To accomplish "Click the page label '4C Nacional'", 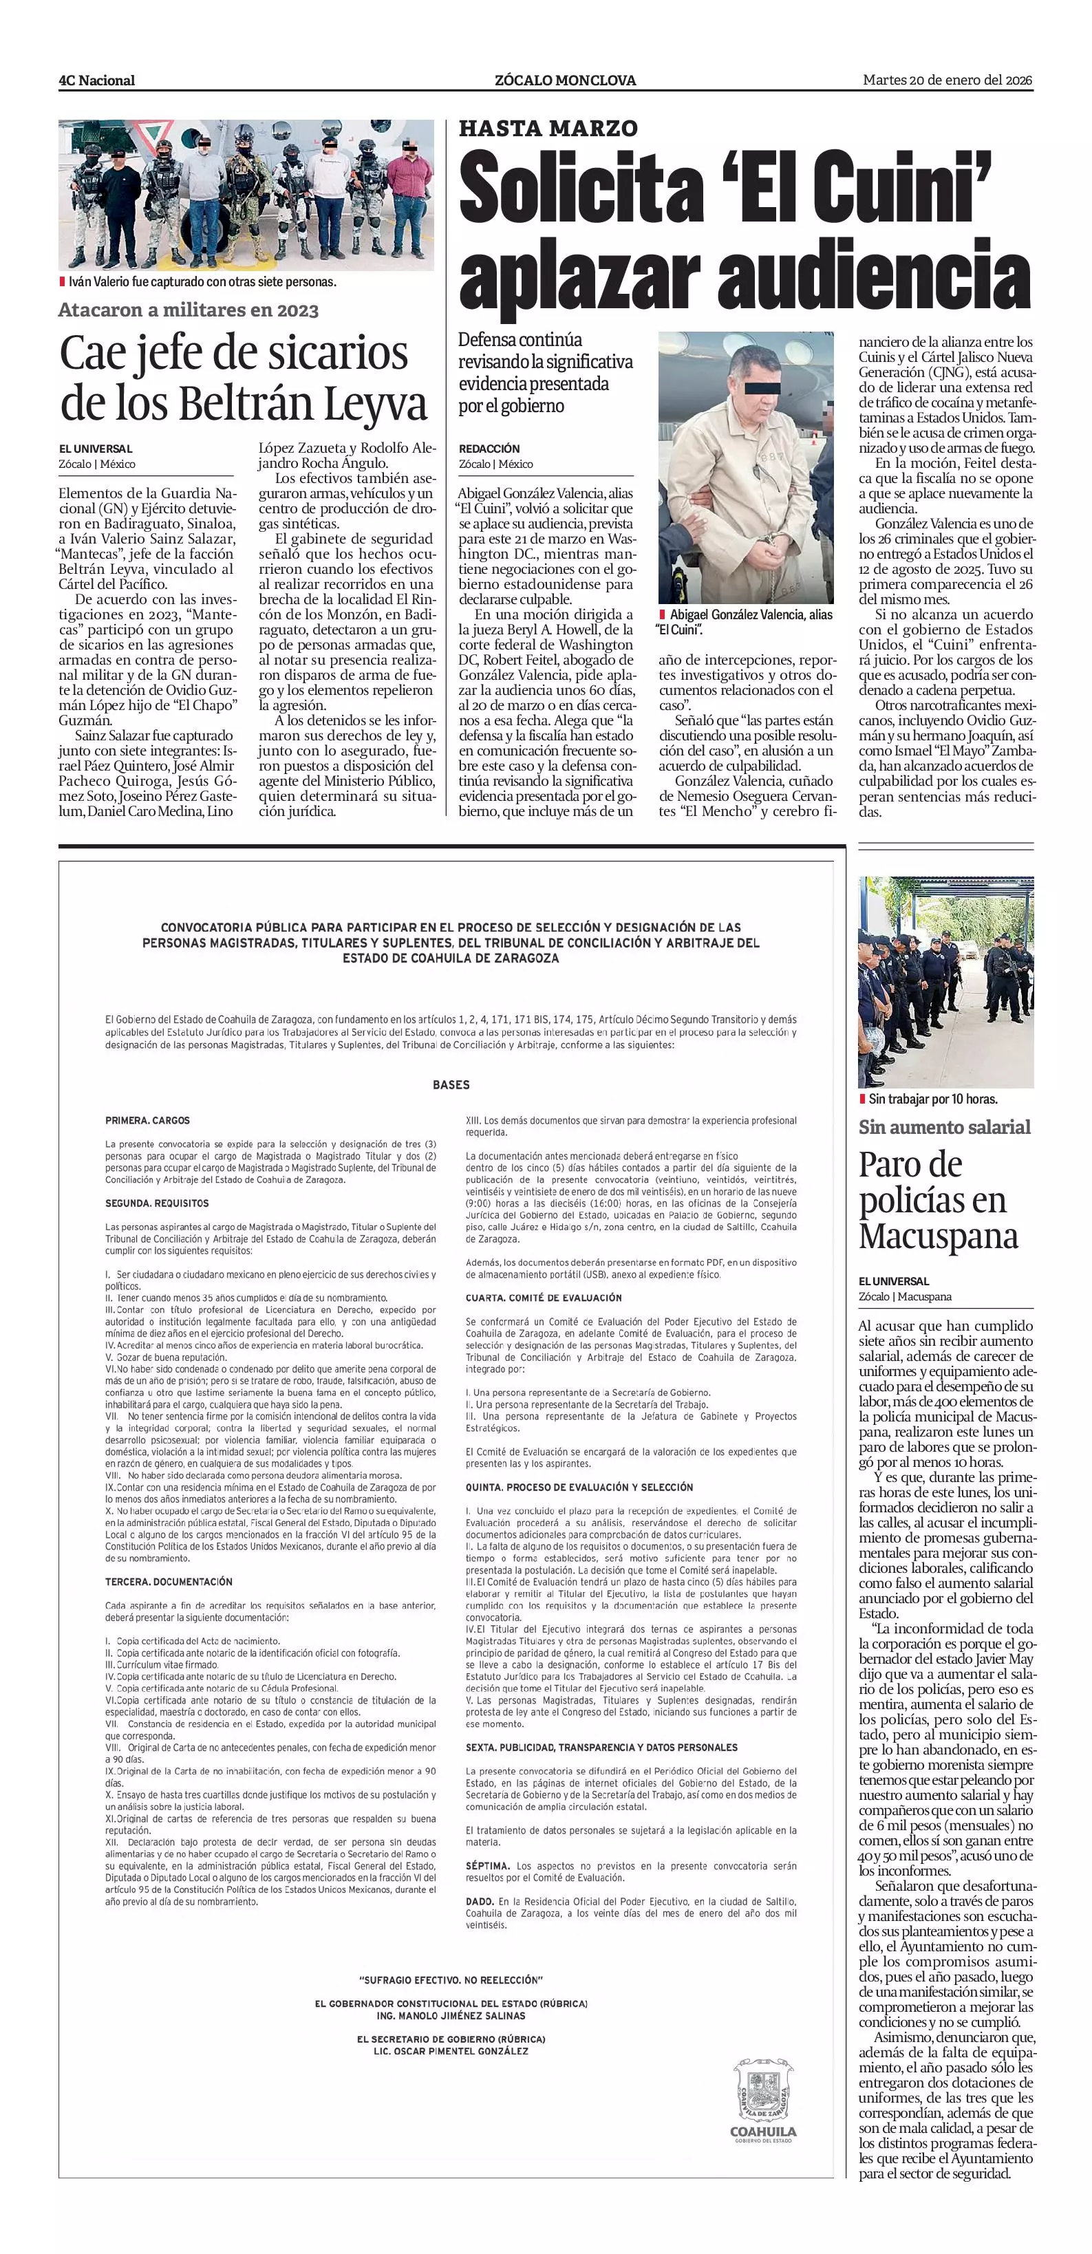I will (x=96, y=80).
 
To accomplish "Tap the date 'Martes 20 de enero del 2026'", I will (x=947, y=80).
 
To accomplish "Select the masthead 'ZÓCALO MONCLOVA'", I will (x=565, y=80).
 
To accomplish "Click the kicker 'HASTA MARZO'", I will (x=548, y=129).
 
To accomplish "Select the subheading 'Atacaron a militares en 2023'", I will (x=188, y=310).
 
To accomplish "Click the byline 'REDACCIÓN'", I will (x=489, y=449).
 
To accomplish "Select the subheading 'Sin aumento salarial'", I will (x=944, y=1127).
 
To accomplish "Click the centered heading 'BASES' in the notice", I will (x=451, y=1085).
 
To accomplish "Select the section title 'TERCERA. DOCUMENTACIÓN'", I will (x=169, y=1581).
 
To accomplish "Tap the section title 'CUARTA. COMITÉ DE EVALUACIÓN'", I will (x=544, y=1298).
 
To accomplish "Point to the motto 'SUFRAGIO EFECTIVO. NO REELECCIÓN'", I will (x=451, y=1979).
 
